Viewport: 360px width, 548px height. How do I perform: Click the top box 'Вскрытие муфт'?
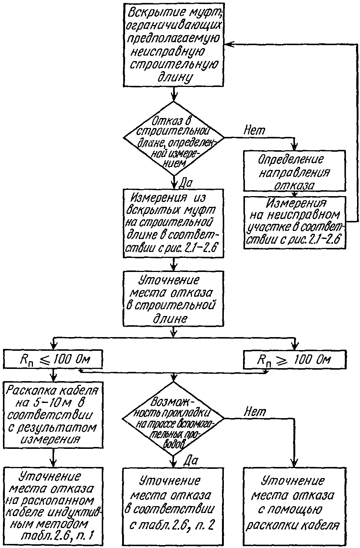(x=174, y=44)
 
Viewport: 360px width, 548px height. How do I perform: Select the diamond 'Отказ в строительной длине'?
(x=174, y=138)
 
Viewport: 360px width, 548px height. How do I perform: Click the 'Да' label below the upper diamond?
(x=186, y=183)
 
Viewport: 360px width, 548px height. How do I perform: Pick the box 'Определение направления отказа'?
(x=295, y=171)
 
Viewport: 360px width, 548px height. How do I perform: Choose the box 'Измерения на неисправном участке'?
(x=295, y=222)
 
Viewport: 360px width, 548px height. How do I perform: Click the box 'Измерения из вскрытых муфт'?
(x=174, y=223)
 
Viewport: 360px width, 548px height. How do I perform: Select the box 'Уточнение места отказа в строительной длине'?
(x=174, y=298)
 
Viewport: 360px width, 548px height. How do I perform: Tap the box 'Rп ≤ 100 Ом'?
(x=53, y=359)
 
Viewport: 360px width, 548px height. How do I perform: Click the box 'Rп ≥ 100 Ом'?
(x=295, y=359)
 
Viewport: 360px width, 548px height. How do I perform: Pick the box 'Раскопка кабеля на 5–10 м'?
(x=53, y=415)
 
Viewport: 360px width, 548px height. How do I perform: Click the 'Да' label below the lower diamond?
(x=191, y=461)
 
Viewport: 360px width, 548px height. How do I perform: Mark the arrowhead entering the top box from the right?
(x=228, y=44)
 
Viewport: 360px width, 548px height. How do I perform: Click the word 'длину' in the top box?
(x=175, y=78)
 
